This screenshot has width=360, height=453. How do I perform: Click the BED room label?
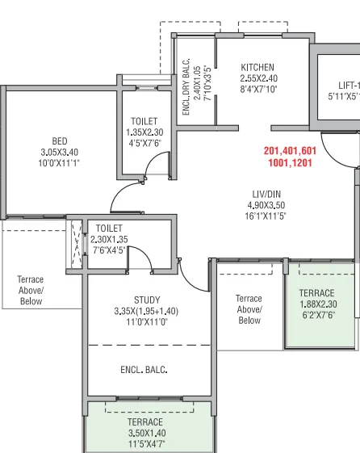[60, 141]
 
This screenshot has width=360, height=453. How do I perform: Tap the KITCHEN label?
[257, 67]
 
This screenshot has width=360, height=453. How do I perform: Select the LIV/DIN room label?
[266, 194]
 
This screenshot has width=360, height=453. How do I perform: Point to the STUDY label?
[146, 300]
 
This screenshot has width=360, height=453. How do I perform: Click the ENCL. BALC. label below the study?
[144, 370]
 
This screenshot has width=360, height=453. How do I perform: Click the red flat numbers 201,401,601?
[290, 151]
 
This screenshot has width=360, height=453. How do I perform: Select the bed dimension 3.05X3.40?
[60, 152]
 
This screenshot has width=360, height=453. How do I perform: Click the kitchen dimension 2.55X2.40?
[258, 78]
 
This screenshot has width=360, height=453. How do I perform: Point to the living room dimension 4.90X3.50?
[266, 205]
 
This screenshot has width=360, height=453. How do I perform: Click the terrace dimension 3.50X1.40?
[145, 433]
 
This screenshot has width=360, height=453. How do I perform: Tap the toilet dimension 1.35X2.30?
[145, 132]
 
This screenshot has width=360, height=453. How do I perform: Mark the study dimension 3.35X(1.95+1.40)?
[146, 311]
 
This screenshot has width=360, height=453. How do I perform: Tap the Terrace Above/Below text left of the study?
[31, 291]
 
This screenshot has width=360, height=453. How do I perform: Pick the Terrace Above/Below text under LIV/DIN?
[249, 309]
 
